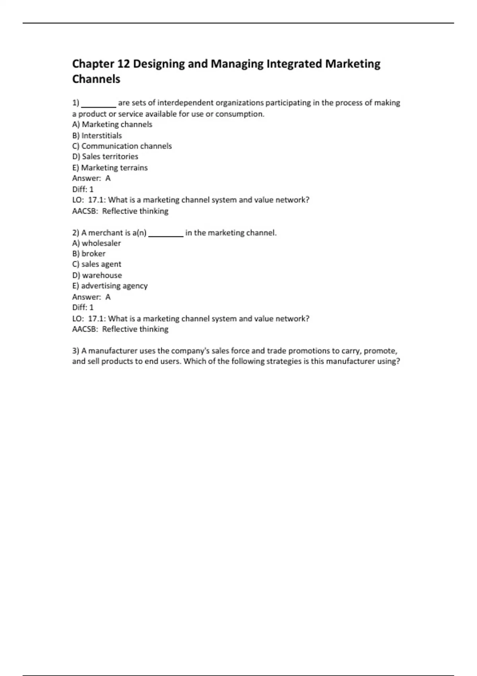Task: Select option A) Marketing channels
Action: tap(112, 124)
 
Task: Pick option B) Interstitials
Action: tap(97, 136)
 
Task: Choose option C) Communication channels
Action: tap(122, 146)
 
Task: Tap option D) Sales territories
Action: tap(105, 157)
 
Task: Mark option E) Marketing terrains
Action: tap(110, 168)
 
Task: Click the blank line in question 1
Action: tap(99, 104)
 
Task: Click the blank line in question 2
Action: tap(165, 234)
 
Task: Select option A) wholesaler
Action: tap(97, 243)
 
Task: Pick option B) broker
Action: tap(89, 254)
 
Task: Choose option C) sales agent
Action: tap(97, 264)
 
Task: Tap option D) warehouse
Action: tap(97, 275)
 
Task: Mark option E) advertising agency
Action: tap(110, 286)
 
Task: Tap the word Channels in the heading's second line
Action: tap(96, 79)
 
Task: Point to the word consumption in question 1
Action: tap(239, 114)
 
